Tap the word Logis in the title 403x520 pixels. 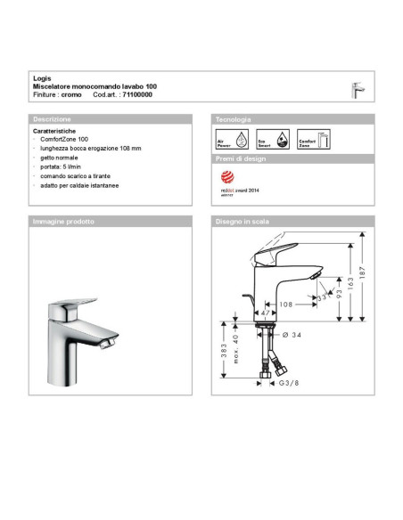point(41,77)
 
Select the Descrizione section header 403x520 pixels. point(53,118)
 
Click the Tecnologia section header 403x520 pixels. point(234,118)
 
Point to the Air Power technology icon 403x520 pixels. point(227,140)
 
